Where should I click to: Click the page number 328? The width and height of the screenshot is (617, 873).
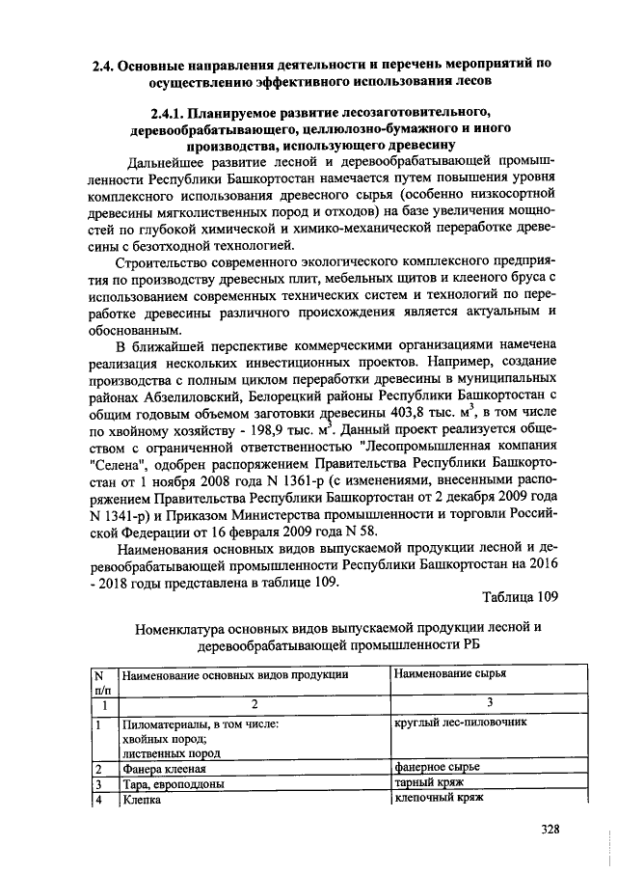[x=550, y=828]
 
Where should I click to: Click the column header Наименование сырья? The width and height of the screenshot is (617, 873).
[x=449, y=673]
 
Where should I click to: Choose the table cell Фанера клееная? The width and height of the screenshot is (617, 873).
[x=163, y=768]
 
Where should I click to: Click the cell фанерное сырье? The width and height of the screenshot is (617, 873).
[x=437, y=767]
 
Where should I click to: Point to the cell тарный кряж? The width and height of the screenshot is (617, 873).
[x=429, y=783]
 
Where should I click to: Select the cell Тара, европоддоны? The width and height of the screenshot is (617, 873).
[x=173, y=784]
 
